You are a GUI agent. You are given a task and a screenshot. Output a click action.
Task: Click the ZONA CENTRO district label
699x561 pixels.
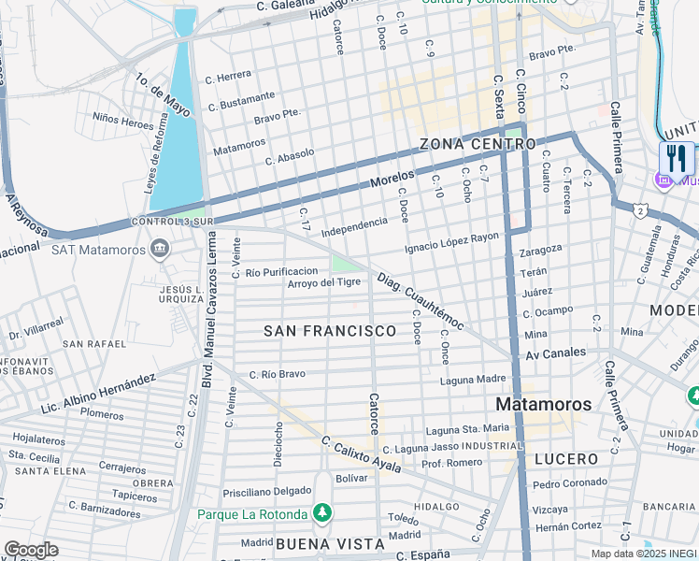click(478, 144)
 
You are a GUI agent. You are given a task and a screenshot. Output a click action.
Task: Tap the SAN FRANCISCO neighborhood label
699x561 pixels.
click(330, 331)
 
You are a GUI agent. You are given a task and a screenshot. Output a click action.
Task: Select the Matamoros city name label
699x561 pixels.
click(543, 404)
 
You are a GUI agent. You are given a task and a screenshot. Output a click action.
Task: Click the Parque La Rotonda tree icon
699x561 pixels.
click(321, 512)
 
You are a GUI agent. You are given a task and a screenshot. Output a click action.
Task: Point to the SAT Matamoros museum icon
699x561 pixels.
click(160, 249)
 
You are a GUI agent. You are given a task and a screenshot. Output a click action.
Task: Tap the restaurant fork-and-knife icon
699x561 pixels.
click(677, 157)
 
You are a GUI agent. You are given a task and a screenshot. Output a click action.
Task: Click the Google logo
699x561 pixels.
click(31, 550)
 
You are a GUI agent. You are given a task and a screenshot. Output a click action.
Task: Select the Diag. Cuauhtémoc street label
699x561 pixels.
click(421, 301)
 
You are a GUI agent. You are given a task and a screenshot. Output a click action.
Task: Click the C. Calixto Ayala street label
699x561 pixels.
click(361, 455)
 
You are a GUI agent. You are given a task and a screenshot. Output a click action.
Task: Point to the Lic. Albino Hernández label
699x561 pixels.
click(98, 396)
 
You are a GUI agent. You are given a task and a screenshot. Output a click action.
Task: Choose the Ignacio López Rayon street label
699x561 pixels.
click(451, 243)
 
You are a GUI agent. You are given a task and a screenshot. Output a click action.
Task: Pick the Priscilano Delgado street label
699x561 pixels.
click(267, 491)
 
